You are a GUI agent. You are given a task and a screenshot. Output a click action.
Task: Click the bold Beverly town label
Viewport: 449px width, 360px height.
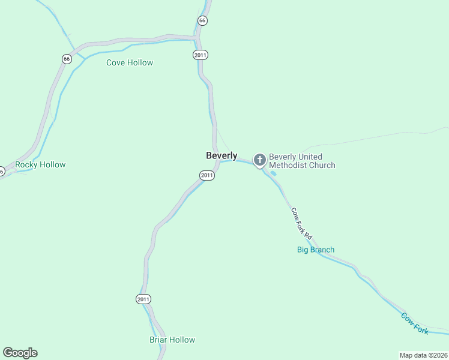(x=221, y=155)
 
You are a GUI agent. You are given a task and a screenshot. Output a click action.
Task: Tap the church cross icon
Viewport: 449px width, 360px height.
(x=259, y=160)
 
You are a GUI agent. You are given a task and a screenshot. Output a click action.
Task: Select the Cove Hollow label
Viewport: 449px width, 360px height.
(x=130, y=62)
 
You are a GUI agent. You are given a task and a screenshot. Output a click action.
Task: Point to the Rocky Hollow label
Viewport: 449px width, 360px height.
(x=40, y=164)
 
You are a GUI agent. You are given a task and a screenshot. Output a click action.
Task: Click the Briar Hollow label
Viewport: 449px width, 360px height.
(x=172, y=340)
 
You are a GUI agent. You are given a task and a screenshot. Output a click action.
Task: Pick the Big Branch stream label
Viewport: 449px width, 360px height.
(x=316, y=250)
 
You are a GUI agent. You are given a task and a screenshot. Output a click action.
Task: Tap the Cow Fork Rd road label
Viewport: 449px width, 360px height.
(x=302, y=224)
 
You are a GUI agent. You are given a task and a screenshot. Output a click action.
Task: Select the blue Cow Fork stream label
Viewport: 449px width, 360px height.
(x=415, y=323)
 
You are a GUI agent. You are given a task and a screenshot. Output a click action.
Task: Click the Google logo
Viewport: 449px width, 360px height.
(x=20, y=353)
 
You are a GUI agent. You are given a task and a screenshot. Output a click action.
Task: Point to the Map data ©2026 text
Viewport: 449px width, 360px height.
(x=423, y=355)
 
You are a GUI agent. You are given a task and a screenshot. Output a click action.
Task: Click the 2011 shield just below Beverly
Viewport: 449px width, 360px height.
(x=207, y=175)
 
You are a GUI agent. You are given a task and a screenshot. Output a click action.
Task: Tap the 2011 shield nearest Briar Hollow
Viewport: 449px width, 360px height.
(x=143, y=299)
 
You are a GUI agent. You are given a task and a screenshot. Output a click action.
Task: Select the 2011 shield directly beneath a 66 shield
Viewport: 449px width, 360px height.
(x=200, y=55)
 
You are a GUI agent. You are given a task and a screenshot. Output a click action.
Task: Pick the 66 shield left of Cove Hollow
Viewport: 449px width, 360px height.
(x=67, y=59)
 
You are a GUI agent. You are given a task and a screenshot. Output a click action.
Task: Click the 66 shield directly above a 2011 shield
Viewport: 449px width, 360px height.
(x=202, y=20)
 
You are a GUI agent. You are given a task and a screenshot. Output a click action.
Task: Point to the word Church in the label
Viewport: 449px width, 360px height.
(x=322, y=165)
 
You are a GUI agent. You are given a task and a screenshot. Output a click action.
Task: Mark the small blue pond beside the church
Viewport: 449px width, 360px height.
(x=274, y=173)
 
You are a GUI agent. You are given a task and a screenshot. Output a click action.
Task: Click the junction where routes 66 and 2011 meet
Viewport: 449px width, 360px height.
(x=197, y=38)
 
